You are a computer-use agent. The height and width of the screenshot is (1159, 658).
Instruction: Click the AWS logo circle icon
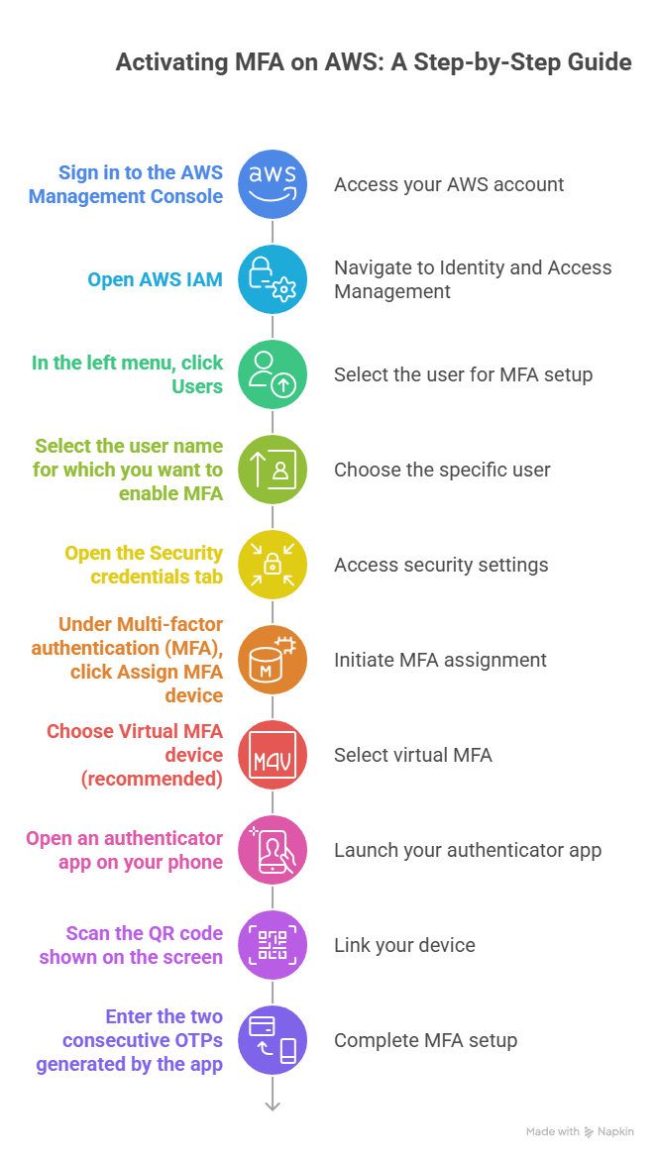click(273, 184)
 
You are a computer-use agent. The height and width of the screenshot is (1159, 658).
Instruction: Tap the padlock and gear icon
click(273, 279)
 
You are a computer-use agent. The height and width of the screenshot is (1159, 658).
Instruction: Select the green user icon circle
click(273, 374)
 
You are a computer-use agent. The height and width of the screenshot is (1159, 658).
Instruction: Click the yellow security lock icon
click(273, 565)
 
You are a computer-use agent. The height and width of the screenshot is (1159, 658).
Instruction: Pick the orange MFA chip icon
click(273, 660)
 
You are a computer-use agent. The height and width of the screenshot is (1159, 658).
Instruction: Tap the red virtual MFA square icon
click(273, 755)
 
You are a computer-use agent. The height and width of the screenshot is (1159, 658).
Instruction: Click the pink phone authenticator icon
click(273, 850)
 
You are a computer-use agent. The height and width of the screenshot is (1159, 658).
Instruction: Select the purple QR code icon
click(273, 945)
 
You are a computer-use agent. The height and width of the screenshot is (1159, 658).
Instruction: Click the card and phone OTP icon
click(273, 1040)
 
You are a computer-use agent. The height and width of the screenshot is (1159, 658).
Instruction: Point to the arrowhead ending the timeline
click(273, 1106)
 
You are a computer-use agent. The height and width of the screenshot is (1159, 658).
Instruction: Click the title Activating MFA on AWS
click(373, 62)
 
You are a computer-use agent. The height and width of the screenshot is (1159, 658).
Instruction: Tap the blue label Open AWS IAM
click(155, 279)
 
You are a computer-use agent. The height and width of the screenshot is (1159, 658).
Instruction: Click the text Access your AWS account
click(449, 184)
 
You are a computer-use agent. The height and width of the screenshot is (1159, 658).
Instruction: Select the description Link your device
click(404, 945)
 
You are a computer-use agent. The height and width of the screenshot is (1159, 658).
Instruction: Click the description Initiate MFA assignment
click(440, 660)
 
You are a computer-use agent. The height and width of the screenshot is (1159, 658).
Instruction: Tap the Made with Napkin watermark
click(580, 1131)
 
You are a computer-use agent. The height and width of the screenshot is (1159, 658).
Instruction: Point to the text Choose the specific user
click(442, 470)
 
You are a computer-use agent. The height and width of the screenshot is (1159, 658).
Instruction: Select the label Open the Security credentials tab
click(144, 565)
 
